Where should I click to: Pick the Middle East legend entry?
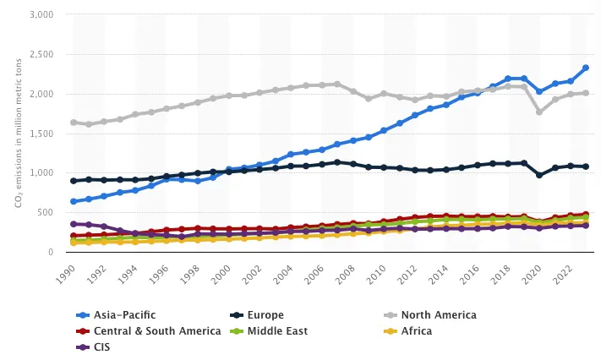click(280, 330)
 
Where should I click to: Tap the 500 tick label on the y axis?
click(46, 213)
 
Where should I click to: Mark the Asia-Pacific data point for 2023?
click(585, 68)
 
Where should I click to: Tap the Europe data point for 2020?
click(540, 175)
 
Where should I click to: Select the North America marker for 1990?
click(74, 123)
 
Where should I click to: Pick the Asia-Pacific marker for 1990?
click(74, 201)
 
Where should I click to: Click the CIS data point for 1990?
click(74, 224)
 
